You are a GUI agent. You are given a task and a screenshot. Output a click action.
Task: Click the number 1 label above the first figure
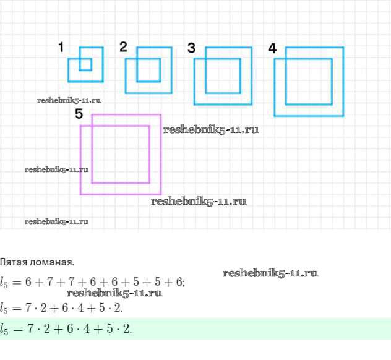pyautogui.click(x=62, y=47)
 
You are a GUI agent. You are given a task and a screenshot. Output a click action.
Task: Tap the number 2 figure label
pyautogui.click(x=123, y=46)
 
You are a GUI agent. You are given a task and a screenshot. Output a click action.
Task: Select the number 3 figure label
pyautogui.click(x=191, y=48)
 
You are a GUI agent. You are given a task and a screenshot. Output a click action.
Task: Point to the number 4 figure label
pyautogui.click(x=272, y=48)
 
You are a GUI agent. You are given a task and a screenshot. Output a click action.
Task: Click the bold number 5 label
pyautogui.click(x=79, y=114)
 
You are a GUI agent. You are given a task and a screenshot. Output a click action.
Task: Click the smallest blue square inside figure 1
pyautogui.click(x=85, y=64)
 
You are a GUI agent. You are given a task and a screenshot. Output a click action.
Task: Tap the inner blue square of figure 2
pyautogui.click(x=148, y=70)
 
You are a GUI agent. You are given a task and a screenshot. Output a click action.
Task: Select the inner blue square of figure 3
pyautogui.click(x=223, y=75)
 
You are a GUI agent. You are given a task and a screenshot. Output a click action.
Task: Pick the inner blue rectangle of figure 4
pyautogui.click(x=309, y=81)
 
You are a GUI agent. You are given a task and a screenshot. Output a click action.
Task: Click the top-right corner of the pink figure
pyautogui.click(x=161, y=114)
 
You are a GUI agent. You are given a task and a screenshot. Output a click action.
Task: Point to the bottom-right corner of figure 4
pyautogui.click(x=343, y=116)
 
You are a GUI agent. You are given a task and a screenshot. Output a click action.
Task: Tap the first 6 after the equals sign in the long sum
pyautogui.click(x=28, y=282)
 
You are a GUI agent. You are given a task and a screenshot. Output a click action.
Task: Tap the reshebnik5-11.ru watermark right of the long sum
pyautogui.click(x=270, y=273)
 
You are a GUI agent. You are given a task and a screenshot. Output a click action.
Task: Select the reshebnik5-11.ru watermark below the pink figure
pyautogui.click(x=199, y=201)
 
